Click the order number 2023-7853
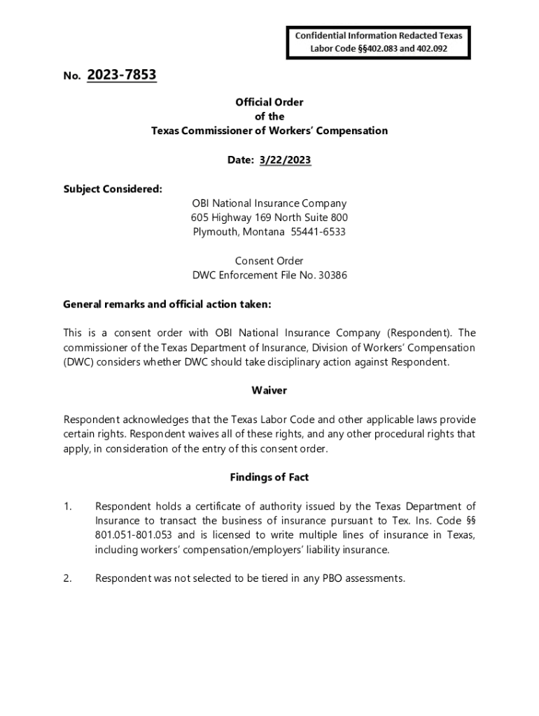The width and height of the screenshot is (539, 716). point(122,75)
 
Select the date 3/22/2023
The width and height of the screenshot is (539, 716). point(285,160)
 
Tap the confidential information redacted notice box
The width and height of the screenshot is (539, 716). point(378,42)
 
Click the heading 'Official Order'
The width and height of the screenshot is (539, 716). point(269,102)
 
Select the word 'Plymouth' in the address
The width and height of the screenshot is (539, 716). point(214,232)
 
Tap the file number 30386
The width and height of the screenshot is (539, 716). point(332,275)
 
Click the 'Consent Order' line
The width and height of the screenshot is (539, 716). point(269,261)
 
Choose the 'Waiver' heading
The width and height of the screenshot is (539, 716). point(269,390)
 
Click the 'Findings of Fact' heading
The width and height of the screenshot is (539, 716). point(269,477)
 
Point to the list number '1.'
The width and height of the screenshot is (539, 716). point(68,506)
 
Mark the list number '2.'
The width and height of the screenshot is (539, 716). point(68,578)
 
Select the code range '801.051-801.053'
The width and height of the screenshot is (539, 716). point(133,536)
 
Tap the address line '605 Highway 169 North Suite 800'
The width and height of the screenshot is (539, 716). point(269,217)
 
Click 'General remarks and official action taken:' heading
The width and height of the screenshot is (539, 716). point(167,304)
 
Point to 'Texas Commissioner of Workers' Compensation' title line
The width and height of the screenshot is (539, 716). point(269,131)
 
